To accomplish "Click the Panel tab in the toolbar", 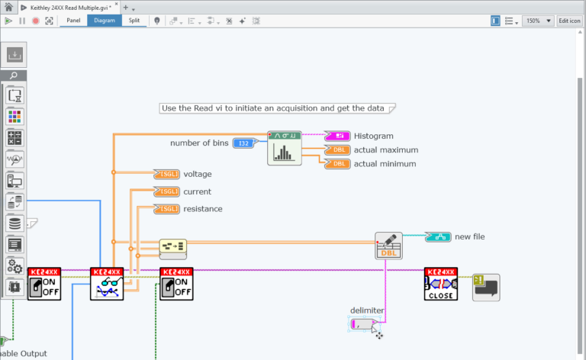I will pyautogui.click(x=73, y=21).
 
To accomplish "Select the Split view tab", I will pyautogui.click(x=134, y=21).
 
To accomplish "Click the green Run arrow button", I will pyautogui.click(x=8, y=21).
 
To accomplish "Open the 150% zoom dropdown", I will pyautogui.click(x=538, y=21).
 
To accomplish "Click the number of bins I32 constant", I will pyautogui.click(x=243, y=143).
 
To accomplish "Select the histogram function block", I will pyautogui.click(x=283, y=148).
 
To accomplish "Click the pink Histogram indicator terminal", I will pyautogui.click(x=337, y=136).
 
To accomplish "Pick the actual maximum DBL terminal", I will pyautogui.click(x=337, y=149).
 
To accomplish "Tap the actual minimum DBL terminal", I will pyautogui.click(x=337, y=163).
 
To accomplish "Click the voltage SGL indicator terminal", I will pyautogui.click(x=166, y=174).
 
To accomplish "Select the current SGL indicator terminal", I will pyautogui.click(x=166, y=191).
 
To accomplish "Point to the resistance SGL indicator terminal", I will pyautogui.click(x=166, y=209).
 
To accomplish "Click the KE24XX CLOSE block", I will pyautogui.click(x=440, y=284).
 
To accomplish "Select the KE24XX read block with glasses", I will pyautogui.click(x=106, y=284).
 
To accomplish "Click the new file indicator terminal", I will pyautogui.click(x=436, y=236).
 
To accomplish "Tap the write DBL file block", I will pyautogui.click(x=388, y=246).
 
